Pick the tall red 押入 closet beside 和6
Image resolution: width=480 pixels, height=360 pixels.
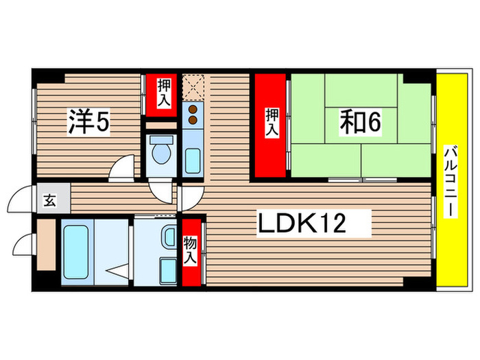271,125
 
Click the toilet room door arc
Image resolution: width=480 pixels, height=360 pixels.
163,190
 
